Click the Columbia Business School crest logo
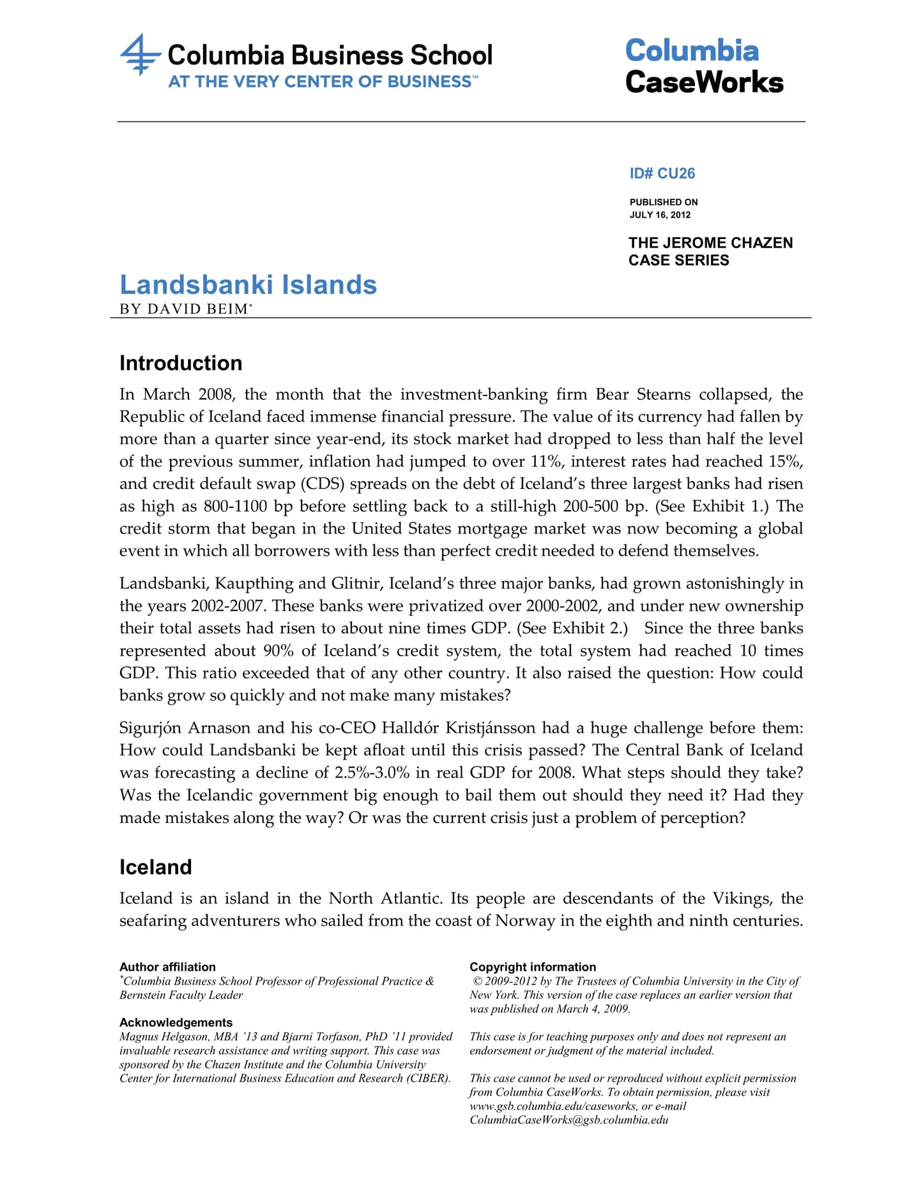(140, 55)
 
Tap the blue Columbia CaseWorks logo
(704, 66)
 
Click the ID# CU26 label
(662, 173)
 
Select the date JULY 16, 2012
(660, 215)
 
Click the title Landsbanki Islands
(248, 285)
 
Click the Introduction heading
(181, 363)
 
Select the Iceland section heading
(155, 867)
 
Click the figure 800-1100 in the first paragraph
(234, 506)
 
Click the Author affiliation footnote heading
(167, 967)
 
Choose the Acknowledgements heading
(176, 1022)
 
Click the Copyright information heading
(533, 967)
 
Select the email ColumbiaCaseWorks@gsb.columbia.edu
(568, 1120)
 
